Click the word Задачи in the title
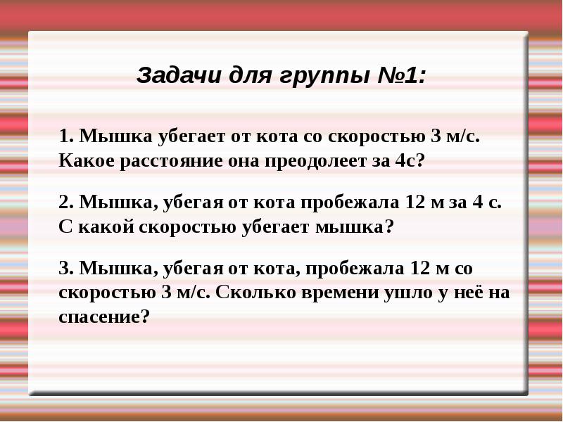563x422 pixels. [x=178, y=76]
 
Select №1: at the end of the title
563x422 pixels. [x=401, y=76]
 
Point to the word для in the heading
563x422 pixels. [x=249, y=76]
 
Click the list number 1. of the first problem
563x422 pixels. [x=66, y=136]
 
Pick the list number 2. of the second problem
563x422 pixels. [x=66, y=202]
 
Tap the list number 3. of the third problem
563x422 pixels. [x=66, y=268]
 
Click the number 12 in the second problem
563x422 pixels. [x=415, y=202]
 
